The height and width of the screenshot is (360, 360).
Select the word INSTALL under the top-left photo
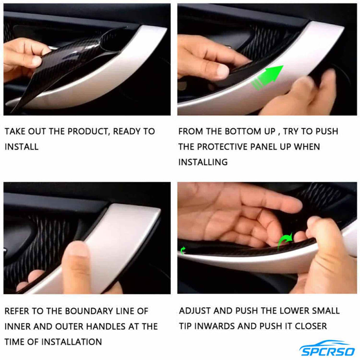[x=22, y=147]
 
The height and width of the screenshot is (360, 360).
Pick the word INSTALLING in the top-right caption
[x=203, y=162]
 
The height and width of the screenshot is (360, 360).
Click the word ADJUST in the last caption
[x=195, y=311]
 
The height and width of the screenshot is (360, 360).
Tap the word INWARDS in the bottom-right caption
[x=217, y=326]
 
